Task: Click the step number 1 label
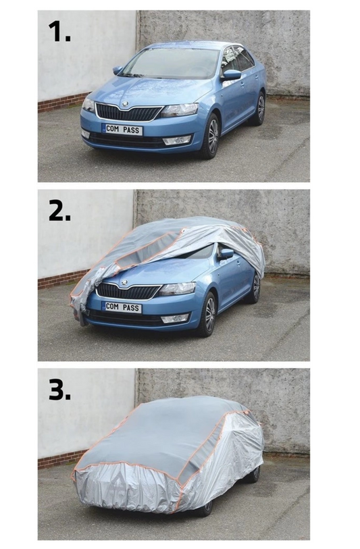(59, 31)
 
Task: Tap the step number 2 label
(59, 211)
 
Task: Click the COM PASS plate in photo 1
(122, 129)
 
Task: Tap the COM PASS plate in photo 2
(122, 307)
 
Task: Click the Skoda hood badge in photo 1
(125, 104)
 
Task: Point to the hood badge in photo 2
(124, 282)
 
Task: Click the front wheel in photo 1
(212, 136)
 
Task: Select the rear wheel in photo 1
(260, 109)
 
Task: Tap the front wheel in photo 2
(210, 314)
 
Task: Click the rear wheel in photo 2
(256, 288)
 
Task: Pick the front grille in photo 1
(129, 112)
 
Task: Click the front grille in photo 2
(128, 291)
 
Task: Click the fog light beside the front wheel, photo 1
(177, 140)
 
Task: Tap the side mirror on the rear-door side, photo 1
(231, 75)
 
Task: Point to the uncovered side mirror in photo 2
(226, 253)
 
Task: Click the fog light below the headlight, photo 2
(175, 318)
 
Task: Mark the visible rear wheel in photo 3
(257, 473)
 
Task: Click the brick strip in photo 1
(62, 102)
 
